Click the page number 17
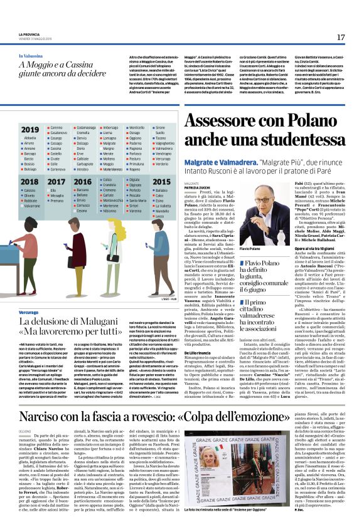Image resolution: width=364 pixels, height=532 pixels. [341, 38]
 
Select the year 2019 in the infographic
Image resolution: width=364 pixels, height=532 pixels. [29, 129]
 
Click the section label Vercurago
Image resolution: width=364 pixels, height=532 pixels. [28, 311]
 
